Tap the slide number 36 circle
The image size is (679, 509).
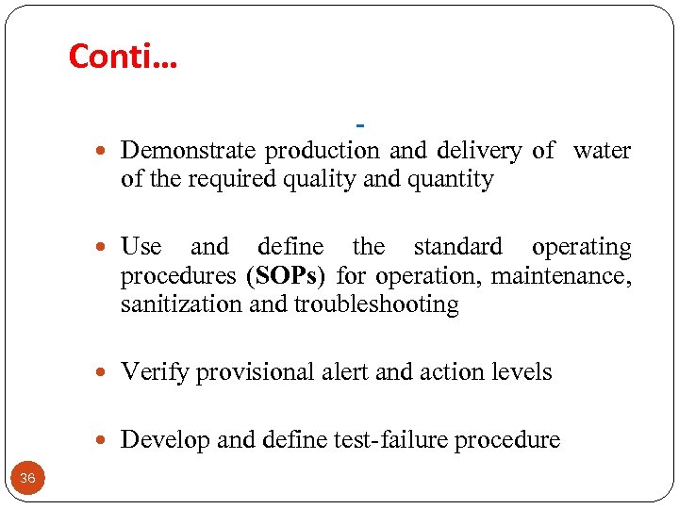click(x=27, y=479)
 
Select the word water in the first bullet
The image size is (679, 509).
click(x=602, y=151)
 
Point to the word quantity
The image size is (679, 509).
click(x=450, y=179)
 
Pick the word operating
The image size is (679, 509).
click(x=581, y=248)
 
